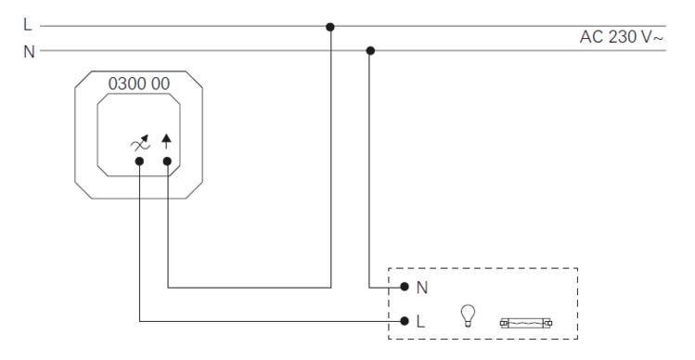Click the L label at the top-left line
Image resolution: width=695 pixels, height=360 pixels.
point(29,26)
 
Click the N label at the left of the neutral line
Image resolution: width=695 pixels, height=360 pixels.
point(30,50)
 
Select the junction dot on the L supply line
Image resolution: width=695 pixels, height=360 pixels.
point(330,26)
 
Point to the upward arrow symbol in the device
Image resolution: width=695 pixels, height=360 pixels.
point(167,140)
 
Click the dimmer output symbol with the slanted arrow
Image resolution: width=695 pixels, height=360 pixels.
point(140,141)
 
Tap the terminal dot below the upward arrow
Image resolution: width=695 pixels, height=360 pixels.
point(167,161)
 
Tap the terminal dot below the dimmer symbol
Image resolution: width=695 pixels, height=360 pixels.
point(139,161)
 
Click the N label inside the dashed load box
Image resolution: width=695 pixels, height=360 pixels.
point(423,288)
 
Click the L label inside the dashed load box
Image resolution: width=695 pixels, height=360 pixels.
point(423,321)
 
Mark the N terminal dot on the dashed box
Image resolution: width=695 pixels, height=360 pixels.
point(405,287)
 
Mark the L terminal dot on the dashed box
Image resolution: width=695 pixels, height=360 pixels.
point(405,321)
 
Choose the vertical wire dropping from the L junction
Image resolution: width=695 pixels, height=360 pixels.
point(330,158)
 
